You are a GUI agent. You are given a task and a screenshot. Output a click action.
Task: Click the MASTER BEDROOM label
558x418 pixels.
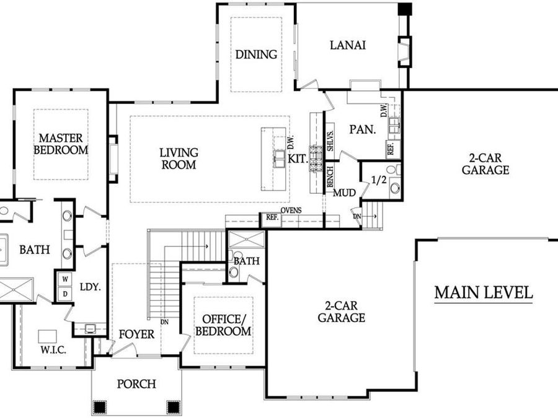point(61,143)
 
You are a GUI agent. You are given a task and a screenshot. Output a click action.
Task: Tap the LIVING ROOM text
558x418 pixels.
point(179,159)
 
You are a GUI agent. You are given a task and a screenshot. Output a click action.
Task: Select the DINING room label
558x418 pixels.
point(256,54)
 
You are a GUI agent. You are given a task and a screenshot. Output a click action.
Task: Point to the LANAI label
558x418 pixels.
point(347,45)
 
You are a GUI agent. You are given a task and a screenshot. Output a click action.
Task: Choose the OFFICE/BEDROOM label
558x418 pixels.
point(224,324)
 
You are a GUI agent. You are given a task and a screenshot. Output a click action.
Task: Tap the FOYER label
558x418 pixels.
point(136,334)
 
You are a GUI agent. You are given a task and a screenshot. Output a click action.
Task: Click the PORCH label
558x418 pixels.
point(136,384)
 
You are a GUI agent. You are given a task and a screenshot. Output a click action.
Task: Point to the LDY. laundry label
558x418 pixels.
point(91,287)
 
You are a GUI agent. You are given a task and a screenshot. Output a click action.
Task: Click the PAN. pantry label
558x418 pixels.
point(360,131)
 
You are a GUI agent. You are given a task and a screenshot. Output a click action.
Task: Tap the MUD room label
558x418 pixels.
point(345,193)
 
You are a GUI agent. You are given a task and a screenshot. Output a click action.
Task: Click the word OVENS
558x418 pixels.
point(291,211)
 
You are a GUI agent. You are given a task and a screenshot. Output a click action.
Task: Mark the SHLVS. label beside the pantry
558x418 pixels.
point(330,141)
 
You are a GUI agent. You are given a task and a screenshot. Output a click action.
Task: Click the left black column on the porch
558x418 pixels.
point(99,407)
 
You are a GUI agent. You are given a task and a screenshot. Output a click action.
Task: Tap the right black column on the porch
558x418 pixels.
point(173,407)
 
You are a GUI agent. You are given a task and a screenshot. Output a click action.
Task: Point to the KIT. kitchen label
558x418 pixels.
point(298,159)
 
